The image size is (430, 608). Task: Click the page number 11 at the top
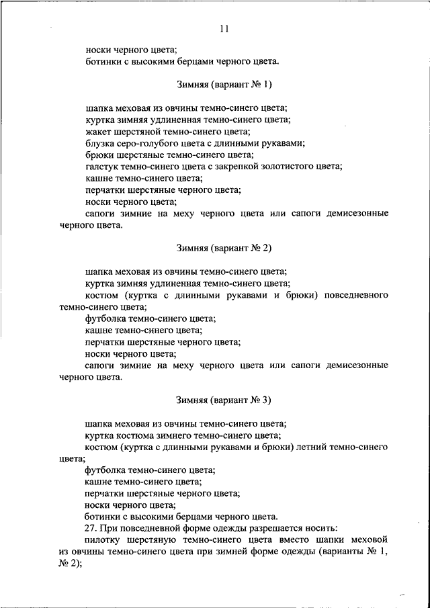pos(224,28)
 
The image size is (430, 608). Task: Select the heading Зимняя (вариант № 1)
pos(224,85)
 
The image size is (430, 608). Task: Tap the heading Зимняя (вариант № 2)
pos(224,248)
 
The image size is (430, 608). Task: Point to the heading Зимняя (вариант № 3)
pos(224,400)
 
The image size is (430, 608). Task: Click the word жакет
pos(97,132)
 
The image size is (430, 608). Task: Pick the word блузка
pos(100,143)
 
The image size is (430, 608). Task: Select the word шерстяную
pos(159,539)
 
